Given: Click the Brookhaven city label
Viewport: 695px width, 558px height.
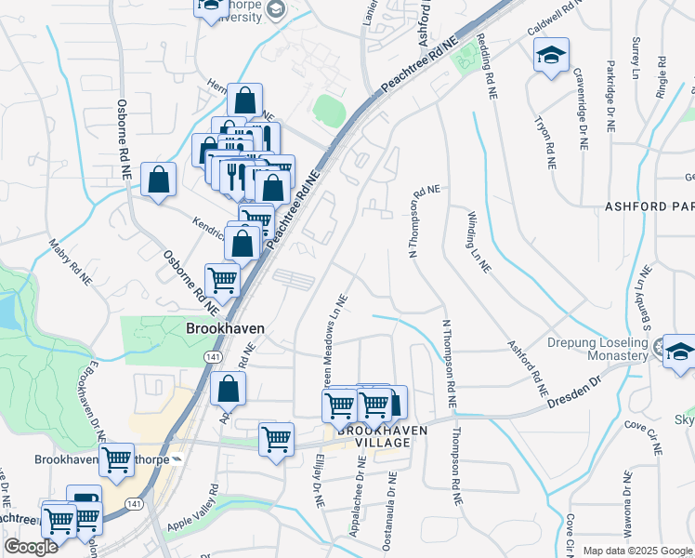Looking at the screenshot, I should coord(225,328).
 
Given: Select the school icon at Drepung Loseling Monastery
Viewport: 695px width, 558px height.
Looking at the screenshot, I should coord(679,351).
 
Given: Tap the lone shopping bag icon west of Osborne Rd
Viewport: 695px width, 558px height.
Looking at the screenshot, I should coord(159,179).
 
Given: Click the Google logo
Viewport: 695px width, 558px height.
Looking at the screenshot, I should coord(31,547).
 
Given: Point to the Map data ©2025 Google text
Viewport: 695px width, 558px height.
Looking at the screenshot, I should coord(636,551).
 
